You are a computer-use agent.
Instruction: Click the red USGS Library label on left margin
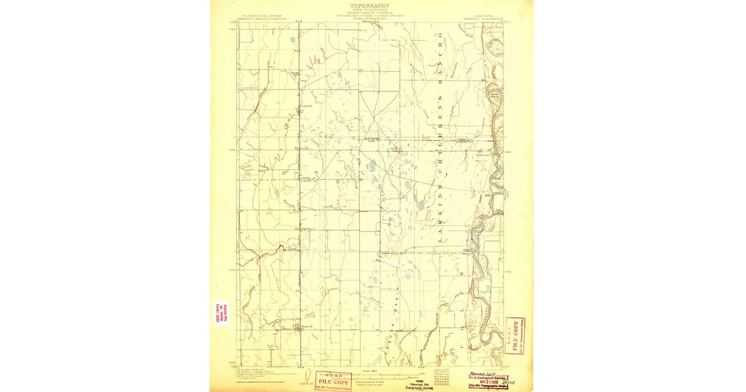click(221, 313)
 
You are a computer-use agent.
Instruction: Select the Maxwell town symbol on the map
click(298, 325)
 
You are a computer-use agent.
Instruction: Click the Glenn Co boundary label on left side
click(306, 177)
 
